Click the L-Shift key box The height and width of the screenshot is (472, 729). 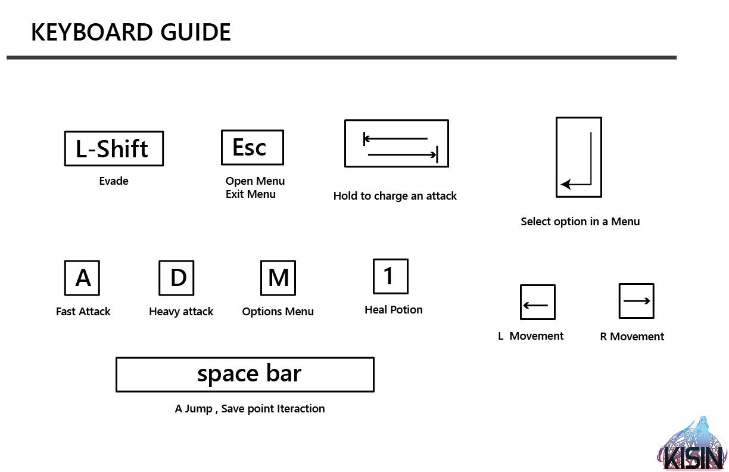(114, 148)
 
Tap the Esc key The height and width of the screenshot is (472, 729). (253, 148)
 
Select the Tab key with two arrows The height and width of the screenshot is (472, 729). (397, 144)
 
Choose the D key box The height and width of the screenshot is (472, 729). (176, 278)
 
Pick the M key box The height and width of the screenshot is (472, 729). (278, 278)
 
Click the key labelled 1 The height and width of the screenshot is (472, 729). (391, 277)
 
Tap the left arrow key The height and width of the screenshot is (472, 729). (538, 302)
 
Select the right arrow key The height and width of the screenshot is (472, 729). (637, 301)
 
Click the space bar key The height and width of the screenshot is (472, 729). (245, 375)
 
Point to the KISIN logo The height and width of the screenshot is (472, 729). (692, 443)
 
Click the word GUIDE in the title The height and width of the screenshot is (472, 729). (195, 32)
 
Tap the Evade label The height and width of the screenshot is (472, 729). (114, 181)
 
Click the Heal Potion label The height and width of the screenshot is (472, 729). (394, 309)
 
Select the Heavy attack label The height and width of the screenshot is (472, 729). (181, 312)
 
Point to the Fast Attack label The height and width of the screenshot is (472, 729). (83, 312)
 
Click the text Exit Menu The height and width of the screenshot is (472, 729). (251, 194)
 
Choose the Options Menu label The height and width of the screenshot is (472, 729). (278, 312)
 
